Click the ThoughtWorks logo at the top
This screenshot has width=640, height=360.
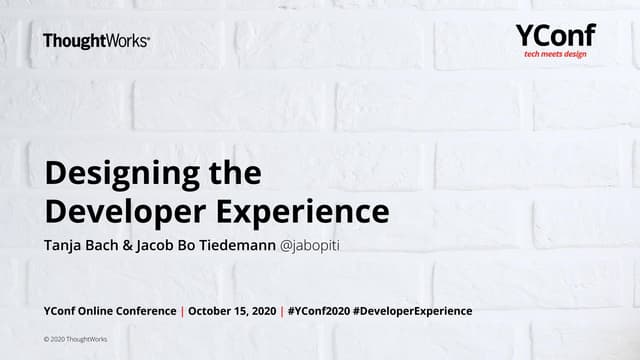[97, 41]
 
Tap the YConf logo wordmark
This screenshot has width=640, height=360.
[555, 35]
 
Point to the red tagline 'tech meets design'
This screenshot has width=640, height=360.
[556, 54]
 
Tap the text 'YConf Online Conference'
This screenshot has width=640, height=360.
[108, 311]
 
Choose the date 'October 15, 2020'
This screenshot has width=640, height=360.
[229, 311]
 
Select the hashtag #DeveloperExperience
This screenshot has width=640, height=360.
[412, 311]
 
